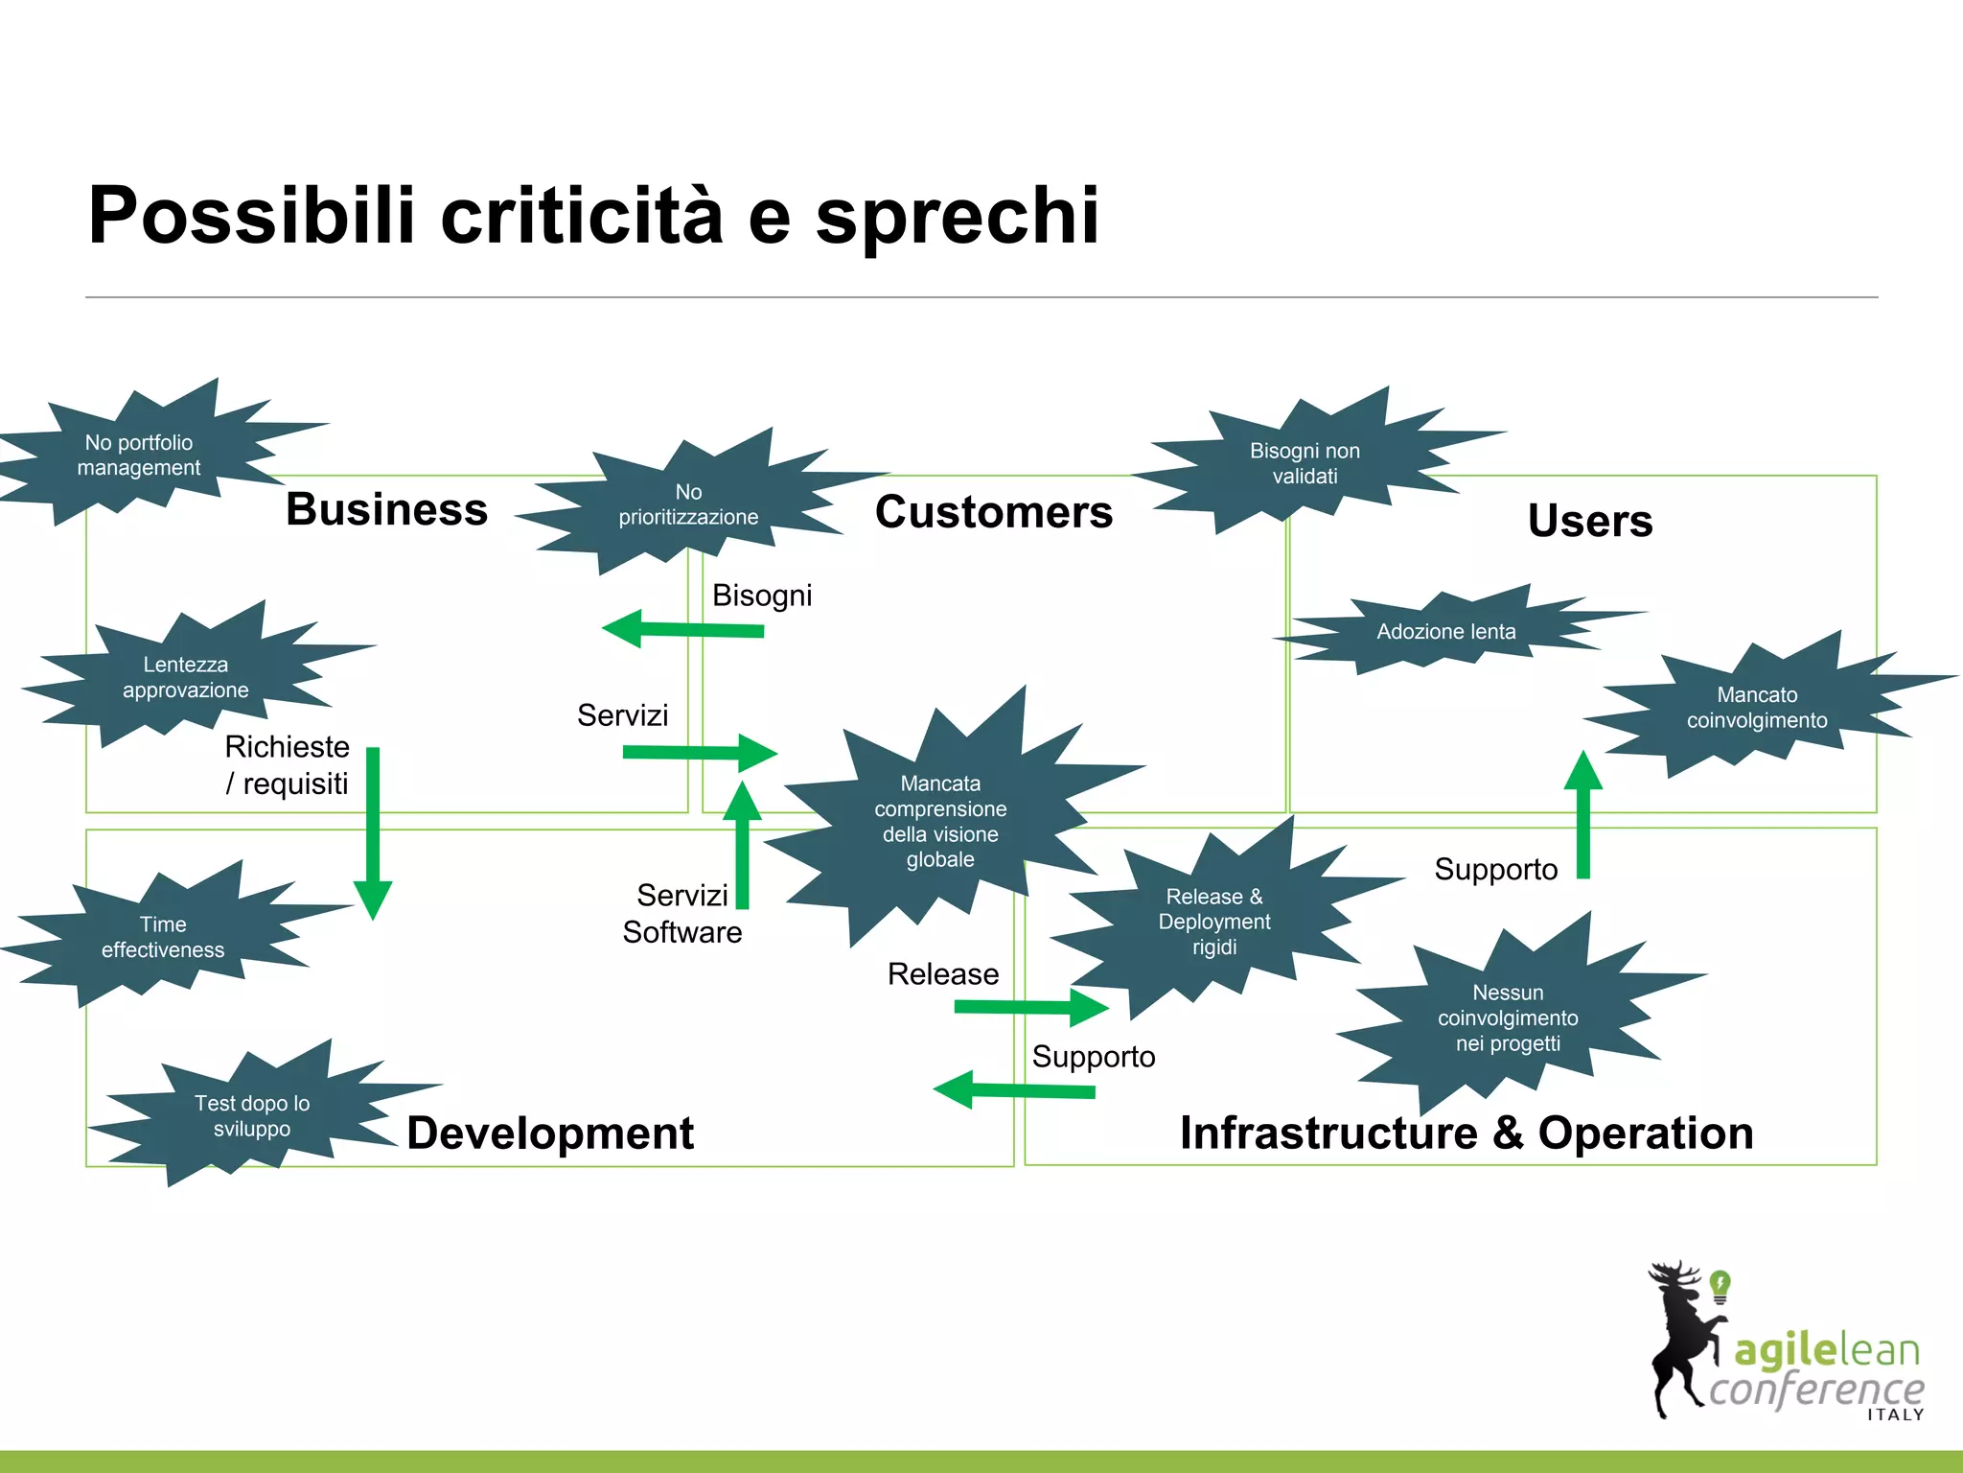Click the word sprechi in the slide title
coord(957,217)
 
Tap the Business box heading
coord(386,509)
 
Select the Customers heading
coord(993,512)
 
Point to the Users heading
coord(1589,521)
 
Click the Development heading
coord(549,1133)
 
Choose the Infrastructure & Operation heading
coord(1466,1133)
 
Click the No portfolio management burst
coord(139,456)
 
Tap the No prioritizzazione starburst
coord(687,504)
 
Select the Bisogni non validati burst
coord(1304,463)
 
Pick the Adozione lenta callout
coord(1445,631)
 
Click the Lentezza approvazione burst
coord(185,677)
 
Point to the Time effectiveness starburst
coord(163,937)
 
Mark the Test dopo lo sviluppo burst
coord(251,1115)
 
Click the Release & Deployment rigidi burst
coord(1213,921)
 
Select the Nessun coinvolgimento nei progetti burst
coord(1507,1017)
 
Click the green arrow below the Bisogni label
coord(682,629)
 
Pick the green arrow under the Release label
coord(1031,1007)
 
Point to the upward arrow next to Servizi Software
coord(742,844)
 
